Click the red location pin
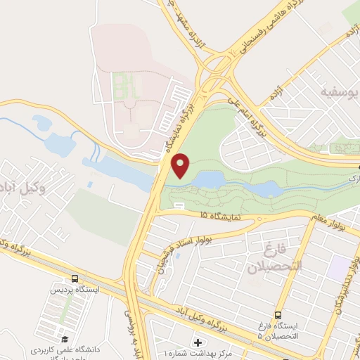click(x=182, y=165)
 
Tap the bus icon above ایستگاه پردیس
click(x=75, y=278)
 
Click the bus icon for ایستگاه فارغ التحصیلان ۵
click(x=278, y=314)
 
